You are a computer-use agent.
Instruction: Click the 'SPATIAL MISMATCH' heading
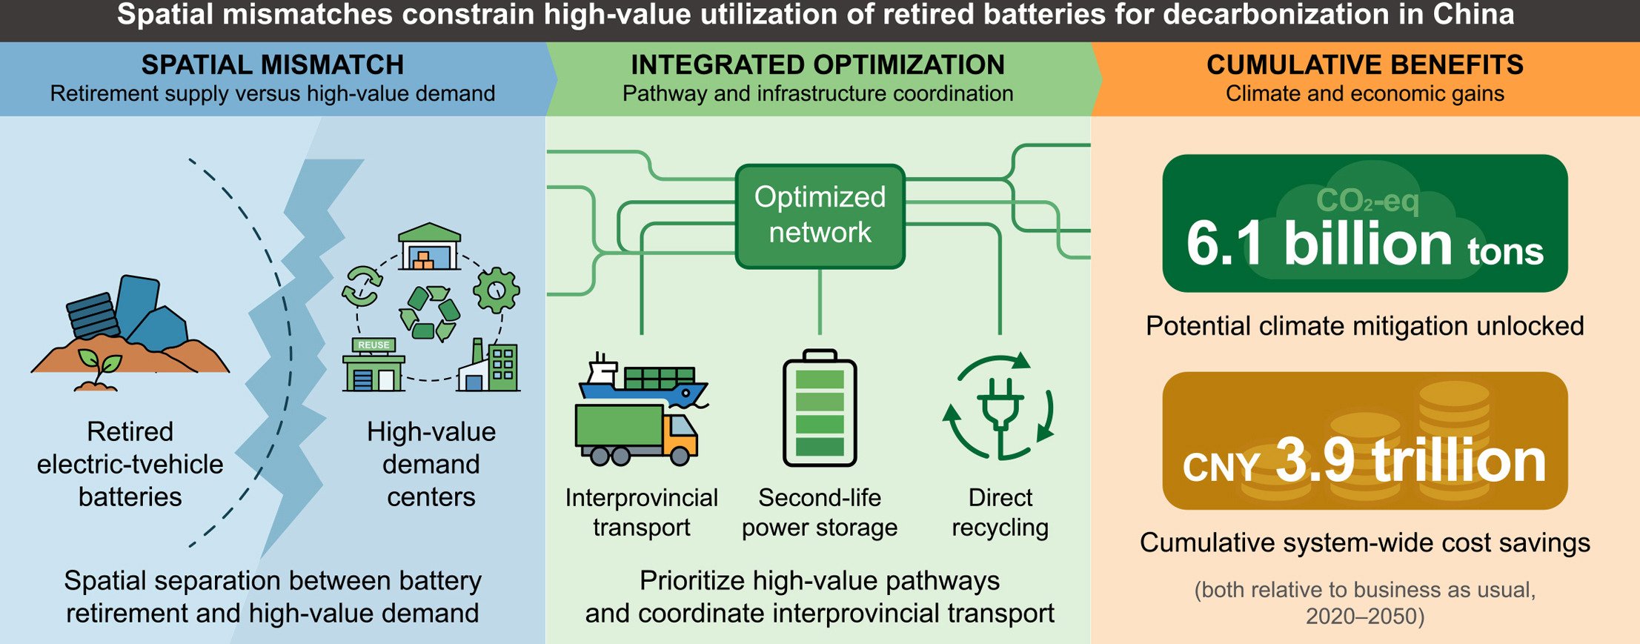click(x=273, y=65)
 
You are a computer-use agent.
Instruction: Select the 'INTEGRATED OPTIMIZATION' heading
click(x=817, y=65)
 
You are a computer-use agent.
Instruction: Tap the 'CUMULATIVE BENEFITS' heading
click(x=1365, y=65)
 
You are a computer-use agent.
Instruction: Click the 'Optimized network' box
click(x=820, y=216)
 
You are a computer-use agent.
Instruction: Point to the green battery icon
click(x=820, y=408)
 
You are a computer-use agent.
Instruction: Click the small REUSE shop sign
click(x=374, y=345)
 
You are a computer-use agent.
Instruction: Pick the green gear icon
click(x=496, y=290)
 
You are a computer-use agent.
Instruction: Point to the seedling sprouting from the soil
click(x=98, y=368)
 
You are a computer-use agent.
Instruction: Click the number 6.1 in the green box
click(x=1224, y=244)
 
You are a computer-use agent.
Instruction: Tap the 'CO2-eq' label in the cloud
click(x=1367, y=201)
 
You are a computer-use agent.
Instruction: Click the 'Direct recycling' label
click(x=1000, y=512)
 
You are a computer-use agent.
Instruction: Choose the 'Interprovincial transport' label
click(x=641, y=512)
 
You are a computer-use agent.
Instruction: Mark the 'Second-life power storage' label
click(x=820, y=512)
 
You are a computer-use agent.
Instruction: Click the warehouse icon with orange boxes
click(x=429, y=246)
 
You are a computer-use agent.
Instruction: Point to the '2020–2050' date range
click(x=1364, y=617)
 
